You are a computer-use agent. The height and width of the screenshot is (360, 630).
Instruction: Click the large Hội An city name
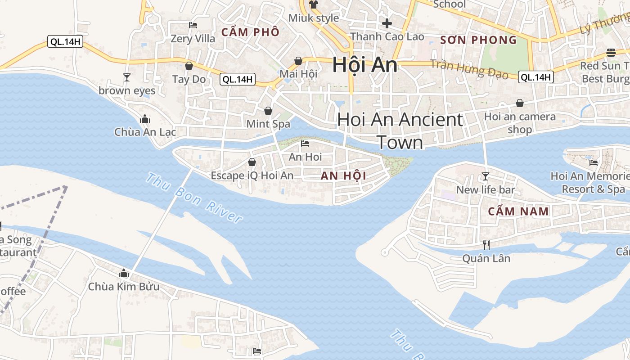pyautogui.click(x=365, y=65)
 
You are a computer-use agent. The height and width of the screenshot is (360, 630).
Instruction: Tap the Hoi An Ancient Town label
pyautogui.click(x=400, y=130)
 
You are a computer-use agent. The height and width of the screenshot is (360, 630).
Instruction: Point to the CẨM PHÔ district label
pyautogui.click(x=251, y=32)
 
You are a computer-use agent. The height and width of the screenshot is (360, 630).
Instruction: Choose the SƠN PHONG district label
pyautogui.click(x=478, y=40)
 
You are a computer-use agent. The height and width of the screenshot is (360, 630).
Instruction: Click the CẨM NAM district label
pyautogui.click(x=518, y=211)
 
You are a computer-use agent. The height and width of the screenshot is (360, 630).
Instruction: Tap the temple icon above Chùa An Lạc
pyautogui.click(x=145, y=119)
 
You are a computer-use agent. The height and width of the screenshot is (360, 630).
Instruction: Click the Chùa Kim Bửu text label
pyautogui.click(x=124, y=287)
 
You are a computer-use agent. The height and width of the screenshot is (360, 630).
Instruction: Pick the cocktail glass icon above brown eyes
pyautogui.click(x=127, y=77)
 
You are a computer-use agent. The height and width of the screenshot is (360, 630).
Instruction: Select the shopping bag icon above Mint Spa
pyautogui.click(x=268, y=111)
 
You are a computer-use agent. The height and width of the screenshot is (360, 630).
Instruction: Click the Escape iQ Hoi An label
pyautogui.click(x=252, y=175)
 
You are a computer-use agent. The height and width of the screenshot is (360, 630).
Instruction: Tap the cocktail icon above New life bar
pyautogui.click(x=486, y=176)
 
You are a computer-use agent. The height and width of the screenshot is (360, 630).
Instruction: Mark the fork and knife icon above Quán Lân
pyautogui.click(x=486, y=245)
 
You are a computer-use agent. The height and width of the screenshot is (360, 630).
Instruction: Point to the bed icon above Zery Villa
pyautogui.click(x=193, y=25)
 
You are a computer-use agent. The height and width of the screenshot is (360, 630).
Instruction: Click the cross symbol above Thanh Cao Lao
pyautogui.click(x=387, y=23)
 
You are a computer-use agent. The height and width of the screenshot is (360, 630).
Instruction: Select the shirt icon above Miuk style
pyautogui.click(x=314, y=5)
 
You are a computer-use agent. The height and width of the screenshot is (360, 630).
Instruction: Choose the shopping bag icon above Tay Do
pyautogui.click(x=189, y=66)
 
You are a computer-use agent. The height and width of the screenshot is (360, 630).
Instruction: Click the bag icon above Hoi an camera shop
pyautogui.click(x=520, y=103)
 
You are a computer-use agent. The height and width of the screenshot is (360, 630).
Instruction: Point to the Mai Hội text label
pyautogui.click(x=298, y=74)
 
